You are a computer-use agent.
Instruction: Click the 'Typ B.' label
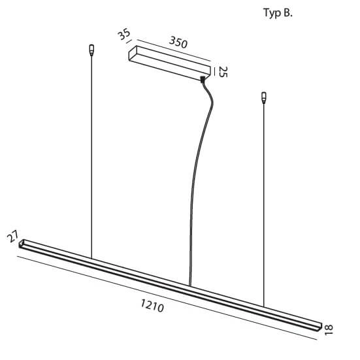[x=278, y=13]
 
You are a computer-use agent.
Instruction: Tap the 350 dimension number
[x=178, y=42]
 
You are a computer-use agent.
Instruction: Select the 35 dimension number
[x=124, y=35]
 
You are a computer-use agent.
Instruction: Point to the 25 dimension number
[x=223, y=72]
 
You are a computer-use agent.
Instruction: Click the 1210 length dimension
[x=152, y=306]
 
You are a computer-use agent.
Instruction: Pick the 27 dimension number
[x=12, y=237]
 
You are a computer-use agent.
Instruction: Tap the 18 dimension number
[x=329, y=330]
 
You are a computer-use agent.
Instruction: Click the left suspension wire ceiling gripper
[x=91, y=50]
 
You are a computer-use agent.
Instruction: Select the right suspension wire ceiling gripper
[x=264, y=98]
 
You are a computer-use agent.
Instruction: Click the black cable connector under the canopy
[x=203, y=80]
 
